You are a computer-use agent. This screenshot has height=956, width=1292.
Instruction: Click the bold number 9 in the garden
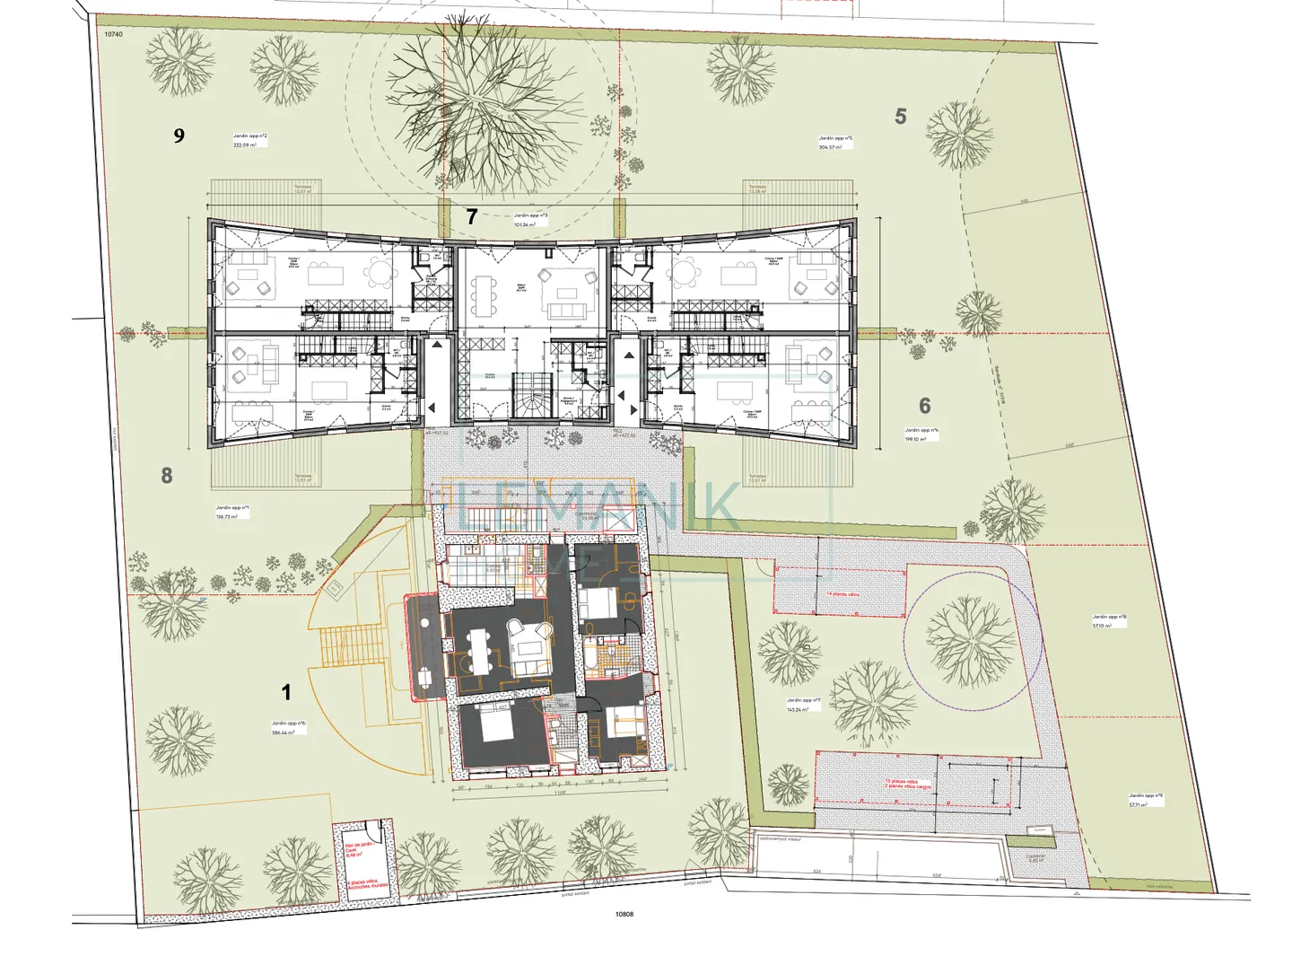[x=179, y=136]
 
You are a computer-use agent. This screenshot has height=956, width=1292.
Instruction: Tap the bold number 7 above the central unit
[x=472, y=216]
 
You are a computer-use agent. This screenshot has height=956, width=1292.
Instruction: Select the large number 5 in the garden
[x=901, y=117]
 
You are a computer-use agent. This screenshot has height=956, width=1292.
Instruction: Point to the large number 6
[x=925, y=407]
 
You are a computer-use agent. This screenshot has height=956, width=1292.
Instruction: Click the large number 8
[x=167, y=476]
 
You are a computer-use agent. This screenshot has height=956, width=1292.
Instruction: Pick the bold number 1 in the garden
[x=286, y=692]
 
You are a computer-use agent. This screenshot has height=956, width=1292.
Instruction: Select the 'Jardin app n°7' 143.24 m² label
[x=798, y=705]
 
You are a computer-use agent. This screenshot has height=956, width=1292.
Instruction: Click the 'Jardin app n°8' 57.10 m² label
[x=1109, y=621]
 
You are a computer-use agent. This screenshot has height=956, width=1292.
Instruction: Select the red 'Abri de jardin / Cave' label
[x=359, y=848]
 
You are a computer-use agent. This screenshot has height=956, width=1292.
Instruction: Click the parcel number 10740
[x=113, y=34]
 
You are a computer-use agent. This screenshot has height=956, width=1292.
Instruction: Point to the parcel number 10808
[x=624, y=914]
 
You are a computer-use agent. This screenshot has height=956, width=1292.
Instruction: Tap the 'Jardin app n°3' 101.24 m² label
[x=530, y=220]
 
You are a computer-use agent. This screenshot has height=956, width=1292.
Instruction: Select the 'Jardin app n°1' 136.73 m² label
[x=232, y=512]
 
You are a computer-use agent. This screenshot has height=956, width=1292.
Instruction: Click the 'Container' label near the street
[x=1036, y=857]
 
